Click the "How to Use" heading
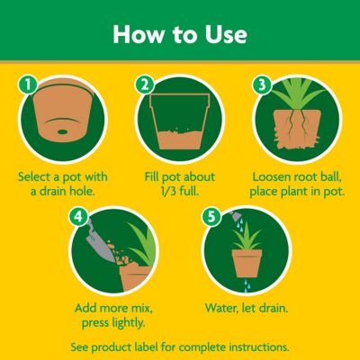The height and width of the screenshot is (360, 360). (180, 34)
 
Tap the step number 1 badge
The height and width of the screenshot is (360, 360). (28, 85)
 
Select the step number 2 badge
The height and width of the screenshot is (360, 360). (144, 85)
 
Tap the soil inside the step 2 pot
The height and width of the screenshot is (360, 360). (180, 138)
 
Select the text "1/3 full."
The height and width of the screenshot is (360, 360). (179, 190)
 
